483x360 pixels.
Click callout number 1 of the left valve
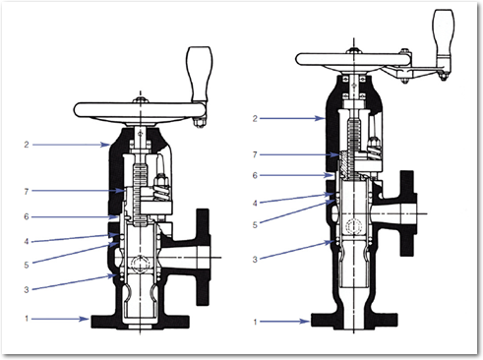click(x=27, y=319)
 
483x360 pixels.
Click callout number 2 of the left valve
click(x=27, y=145)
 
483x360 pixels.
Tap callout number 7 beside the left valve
click(x=27, y=191)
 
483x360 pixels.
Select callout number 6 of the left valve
click(x=27, y=216)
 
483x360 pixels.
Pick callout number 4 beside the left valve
click(x=27, y=242)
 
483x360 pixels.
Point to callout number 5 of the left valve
click(x=27, y=265)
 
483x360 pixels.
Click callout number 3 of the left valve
click(x=27, y=289)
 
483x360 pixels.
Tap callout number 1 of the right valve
click(x=255, y=322)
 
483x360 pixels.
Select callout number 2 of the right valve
click(x=255, y=118)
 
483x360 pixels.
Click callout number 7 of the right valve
click(x=255, y=154)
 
